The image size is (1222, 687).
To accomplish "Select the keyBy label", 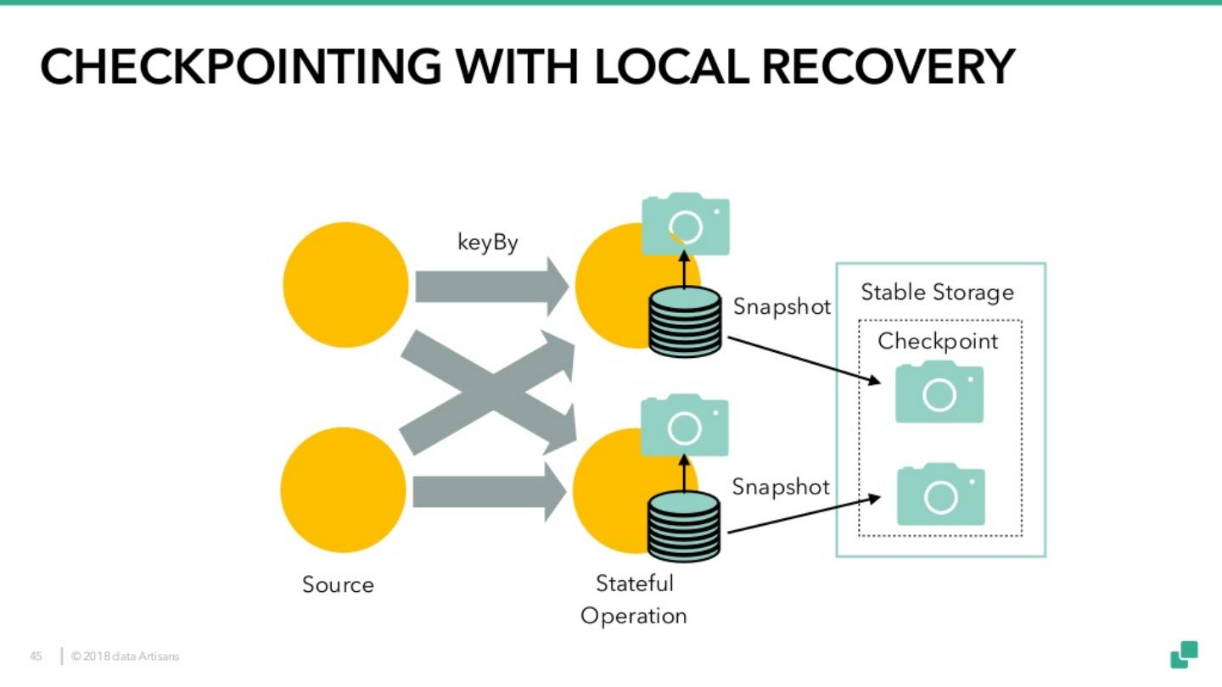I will (488, 243).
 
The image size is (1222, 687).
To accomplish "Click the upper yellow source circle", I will (345, 285).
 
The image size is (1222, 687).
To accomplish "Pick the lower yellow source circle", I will (344, 490).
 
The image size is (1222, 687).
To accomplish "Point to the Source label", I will (338, 585).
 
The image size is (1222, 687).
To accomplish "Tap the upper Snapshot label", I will (782, 307).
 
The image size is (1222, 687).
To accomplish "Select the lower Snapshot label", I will (781, 487).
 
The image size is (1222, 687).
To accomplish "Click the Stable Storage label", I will (937, 293).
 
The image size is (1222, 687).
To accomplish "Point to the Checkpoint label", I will (938, 341).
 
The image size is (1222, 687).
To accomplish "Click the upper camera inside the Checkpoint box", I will (939, 393).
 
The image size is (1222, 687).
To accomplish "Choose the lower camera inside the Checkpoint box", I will (941, 494).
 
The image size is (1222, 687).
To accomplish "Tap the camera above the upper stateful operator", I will (686, 224).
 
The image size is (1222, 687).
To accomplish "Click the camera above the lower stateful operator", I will (684, 426).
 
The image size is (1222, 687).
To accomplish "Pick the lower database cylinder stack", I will (684, 527).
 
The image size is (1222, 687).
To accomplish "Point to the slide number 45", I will (36, 656).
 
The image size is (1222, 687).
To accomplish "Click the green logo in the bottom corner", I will (1185, 655).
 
